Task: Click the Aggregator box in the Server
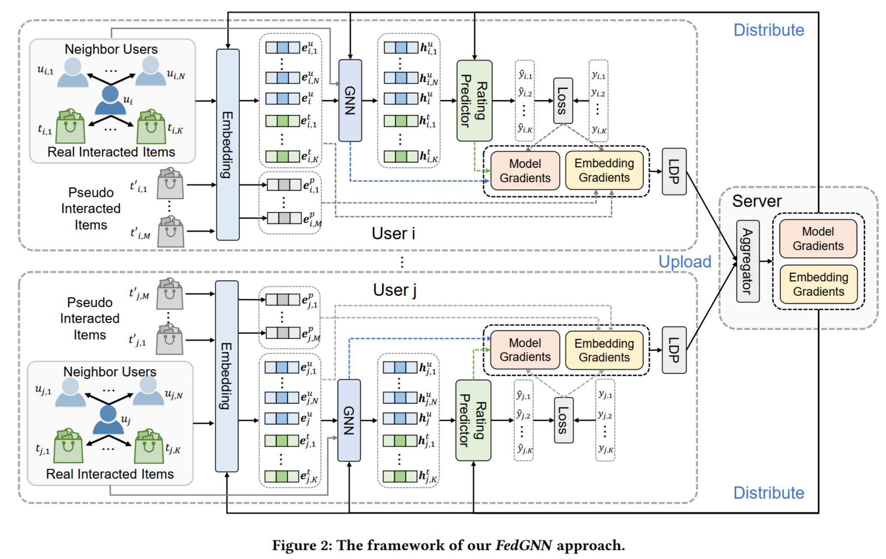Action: click(747, 261)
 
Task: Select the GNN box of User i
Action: click(350, 101)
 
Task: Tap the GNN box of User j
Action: click(349, 420)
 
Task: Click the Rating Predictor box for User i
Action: click(474, 101)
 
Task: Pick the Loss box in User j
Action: click(563, 420)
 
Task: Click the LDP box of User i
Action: click(674, 171)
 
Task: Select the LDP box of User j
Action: click(674, 350)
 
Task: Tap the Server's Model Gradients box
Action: click(818, 238)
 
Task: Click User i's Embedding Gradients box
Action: click(604, 170)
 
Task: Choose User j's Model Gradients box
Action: click(525, 350)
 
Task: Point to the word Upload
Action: click(685, 262)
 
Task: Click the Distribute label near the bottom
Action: click(769, 493)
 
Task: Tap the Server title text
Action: click(757, 201)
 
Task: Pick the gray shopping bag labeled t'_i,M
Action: click(170, 232)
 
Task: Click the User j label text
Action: click(394, 290)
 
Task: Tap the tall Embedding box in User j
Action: click(227, 376)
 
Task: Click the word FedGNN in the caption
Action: click(523, 545)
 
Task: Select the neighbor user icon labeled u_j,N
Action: click(148, 390)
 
